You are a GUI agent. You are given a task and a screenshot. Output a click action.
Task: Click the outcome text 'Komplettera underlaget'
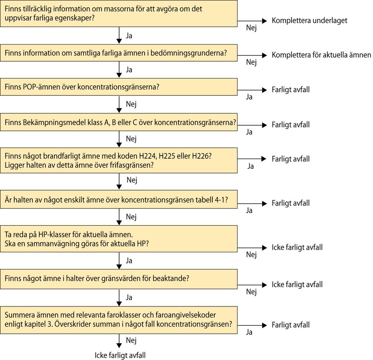coord(309,21)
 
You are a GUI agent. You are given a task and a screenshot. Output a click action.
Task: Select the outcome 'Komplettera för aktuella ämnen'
coord(321,55)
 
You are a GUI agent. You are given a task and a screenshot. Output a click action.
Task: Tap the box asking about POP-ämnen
coord(119,87)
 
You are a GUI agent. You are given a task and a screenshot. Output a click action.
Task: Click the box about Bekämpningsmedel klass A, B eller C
coord(119,122)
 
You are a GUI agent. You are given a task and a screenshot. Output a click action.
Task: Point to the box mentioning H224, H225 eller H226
coord(119,160)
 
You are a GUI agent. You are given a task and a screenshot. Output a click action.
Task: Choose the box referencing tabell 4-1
coord(119,199)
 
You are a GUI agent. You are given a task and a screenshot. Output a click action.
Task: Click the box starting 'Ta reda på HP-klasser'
coord(119,239)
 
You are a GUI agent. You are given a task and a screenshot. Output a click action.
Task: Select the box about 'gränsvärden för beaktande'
coord(119,279)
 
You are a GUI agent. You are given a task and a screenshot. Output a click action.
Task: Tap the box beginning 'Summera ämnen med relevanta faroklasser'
coord(119,320)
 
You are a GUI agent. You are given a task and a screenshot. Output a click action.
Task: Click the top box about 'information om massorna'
coord(119,13)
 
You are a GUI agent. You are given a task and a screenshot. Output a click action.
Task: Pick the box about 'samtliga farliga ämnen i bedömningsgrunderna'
coord(119,53)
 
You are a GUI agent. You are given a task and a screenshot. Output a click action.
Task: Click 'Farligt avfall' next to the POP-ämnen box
coord(291,90)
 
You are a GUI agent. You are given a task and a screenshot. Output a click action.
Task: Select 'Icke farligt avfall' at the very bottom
coord(120,355)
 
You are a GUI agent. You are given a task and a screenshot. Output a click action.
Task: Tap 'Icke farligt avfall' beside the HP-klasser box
coord(297,247)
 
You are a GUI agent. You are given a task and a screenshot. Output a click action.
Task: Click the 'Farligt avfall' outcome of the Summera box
coord(291,325)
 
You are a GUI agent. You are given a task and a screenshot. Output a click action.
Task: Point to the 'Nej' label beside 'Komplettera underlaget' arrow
coord(251,28)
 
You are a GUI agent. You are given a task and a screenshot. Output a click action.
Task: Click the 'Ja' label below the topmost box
coord(129,36)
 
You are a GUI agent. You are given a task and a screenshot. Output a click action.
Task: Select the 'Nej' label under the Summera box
coord(131,340)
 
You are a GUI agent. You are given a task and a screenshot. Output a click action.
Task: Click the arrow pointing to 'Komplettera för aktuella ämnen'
coord(252,55)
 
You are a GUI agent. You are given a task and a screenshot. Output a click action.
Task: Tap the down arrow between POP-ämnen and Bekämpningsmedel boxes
coord(119,104)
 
